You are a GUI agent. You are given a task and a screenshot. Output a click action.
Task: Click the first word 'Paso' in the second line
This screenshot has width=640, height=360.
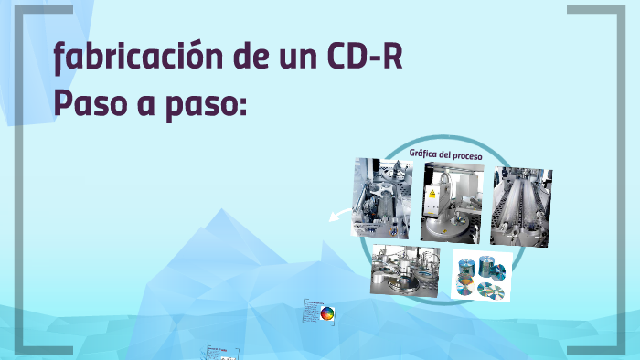(89, 101)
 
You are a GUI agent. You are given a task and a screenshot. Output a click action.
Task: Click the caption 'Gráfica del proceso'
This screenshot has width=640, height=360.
(445, 154)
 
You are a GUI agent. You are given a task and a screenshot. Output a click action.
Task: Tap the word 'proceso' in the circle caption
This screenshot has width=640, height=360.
(464, 155)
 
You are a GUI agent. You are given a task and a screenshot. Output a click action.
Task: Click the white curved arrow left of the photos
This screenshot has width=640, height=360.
(340, 216)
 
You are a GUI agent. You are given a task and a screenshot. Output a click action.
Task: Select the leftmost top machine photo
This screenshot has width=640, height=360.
(382, 197)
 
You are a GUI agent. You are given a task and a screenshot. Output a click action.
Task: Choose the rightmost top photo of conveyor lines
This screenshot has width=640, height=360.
(521, 206)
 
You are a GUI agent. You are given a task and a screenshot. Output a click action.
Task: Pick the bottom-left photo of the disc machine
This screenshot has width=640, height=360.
(404, 271)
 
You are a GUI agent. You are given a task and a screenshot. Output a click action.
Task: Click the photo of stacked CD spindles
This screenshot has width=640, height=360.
(481, 275)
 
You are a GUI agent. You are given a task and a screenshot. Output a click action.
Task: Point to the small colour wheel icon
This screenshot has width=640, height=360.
(326, 314)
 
